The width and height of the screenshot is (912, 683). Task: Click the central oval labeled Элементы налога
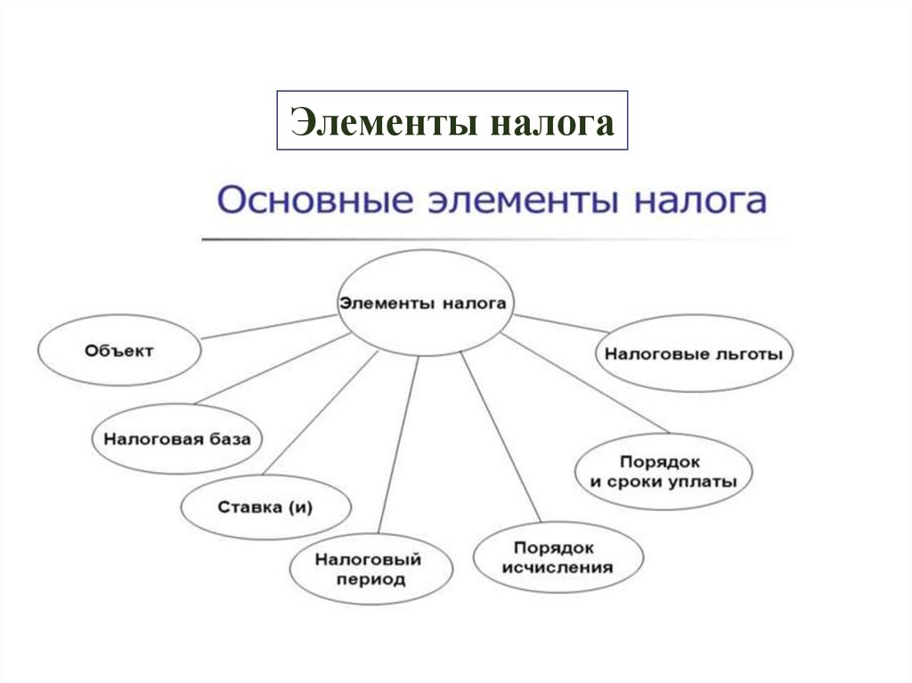tap(423, 304)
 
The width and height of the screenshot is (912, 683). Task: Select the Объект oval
tap(119, 351)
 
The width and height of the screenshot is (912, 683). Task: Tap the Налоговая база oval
tap(183, 439)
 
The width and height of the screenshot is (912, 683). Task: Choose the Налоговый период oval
tap(369, 569)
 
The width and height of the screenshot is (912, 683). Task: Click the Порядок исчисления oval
tap(558, 557)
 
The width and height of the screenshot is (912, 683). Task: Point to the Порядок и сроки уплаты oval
tap(664, 472)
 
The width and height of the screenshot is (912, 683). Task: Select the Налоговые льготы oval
tap(694, 354)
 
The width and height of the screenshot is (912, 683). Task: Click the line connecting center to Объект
tap(267, 327)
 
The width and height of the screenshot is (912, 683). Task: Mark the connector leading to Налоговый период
tap(398, 445)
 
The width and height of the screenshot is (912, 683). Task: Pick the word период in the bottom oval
tap(370, 580)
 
